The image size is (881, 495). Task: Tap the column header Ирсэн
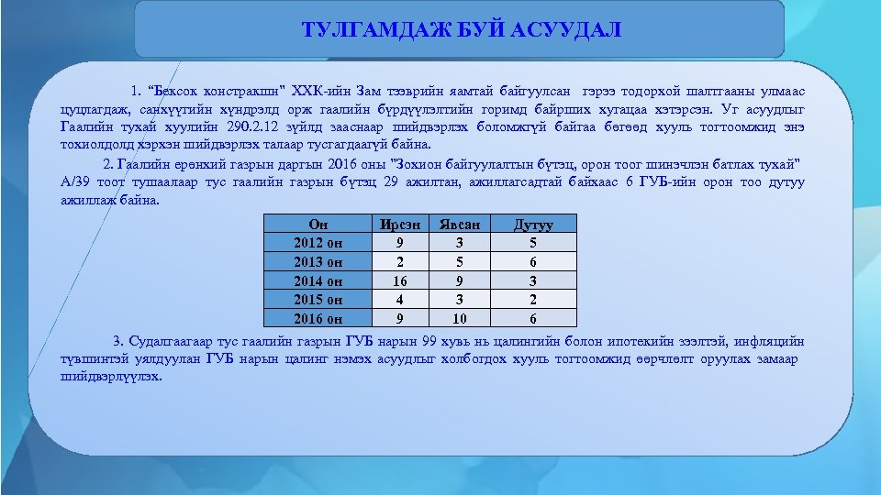coord(398,224)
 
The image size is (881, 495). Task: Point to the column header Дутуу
coord(532,224)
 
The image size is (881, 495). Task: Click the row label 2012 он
coord(318,243)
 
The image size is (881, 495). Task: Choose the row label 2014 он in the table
coord(318,280)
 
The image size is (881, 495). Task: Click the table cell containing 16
coord(398,280)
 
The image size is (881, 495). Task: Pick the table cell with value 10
coord(460,318)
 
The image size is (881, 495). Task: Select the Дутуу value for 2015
coord(532,300)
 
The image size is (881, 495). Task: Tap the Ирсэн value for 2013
coord(398,262)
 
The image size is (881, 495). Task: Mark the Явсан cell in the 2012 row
coord(460,243)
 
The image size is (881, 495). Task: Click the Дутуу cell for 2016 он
coord(532,318)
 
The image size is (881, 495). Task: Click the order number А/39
coord(77,181)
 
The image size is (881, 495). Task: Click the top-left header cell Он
coord(318,224)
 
